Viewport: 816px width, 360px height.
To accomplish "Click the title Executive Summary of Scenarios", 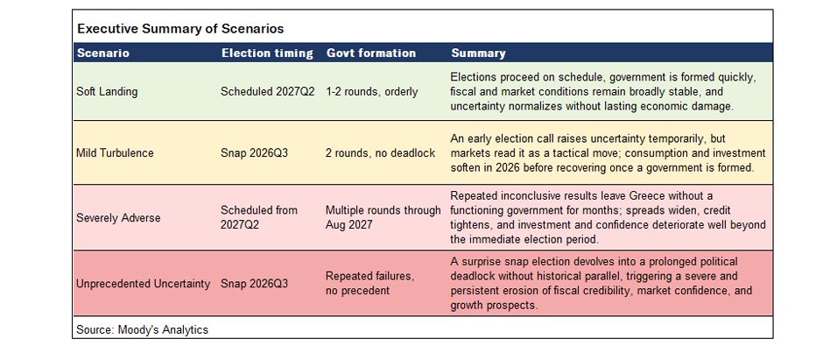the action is click(180, 29).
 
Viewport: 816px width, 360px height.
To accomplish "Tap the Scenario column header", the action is click(103, 53).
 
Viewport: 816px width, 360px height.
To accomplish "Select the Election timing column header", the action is click(268, 53).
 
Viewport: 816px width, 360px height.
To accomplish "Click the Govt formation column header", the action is click(371, 53).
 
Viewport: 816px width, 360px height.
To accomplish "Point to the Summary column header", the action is click(478, 53).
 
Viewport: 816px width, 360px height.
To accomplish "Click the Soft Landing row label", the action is click(107, 92).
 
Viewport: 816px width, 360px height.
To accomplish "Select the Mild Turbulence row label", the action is click(115, 153).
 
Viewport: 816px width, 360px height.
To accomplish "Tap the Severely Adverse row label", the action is click(118, 217).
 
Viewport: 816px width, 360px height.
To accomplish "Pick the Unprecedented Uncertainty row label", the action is click(143, 284).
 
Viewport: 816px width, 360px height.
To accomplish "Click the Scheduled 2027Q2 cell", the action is click(268, 92).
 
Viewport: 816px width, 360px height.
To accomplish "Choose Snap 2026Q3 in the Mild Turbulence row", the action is click(255, 153).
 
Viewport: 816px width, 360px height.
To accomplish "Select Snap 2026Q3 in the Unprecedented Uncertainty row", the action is click(255, 284).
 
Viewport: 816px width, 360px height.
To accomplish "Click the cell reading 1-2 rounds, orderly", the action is click(372, 92).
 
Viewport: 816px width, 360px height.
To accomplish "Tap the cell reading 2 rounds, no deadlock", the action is click(380, 153).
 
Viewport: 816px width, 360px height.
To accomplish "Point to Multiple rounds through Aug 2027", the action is click(383, 217).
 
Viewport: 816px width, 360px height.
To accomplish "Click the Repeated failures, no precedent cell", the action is click(370, 284).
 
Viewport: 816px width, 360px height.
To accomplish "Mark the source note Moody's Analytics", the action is click(142, 330).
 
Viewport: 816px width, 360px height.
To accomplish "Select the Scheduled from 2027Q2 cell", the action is click(259, 217).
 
